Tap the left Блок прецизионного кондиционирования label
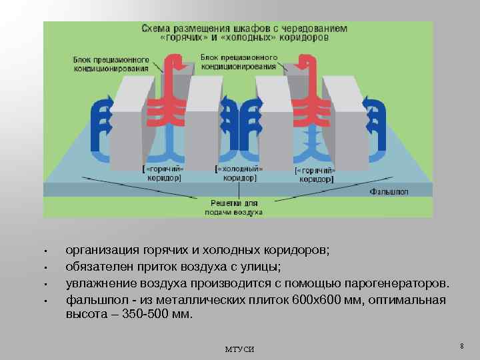pyautogui.click(x=111, y=63)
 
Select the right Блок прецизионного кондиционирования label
pyautogui.click(x=238, y=62)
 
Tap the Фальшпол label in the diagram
pyautogui.click(x=389, y=191)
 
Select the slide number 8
pyautogui.click(x=461, y=345)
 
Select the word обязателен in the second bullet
pyautogui.click(x=99, y=267)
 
